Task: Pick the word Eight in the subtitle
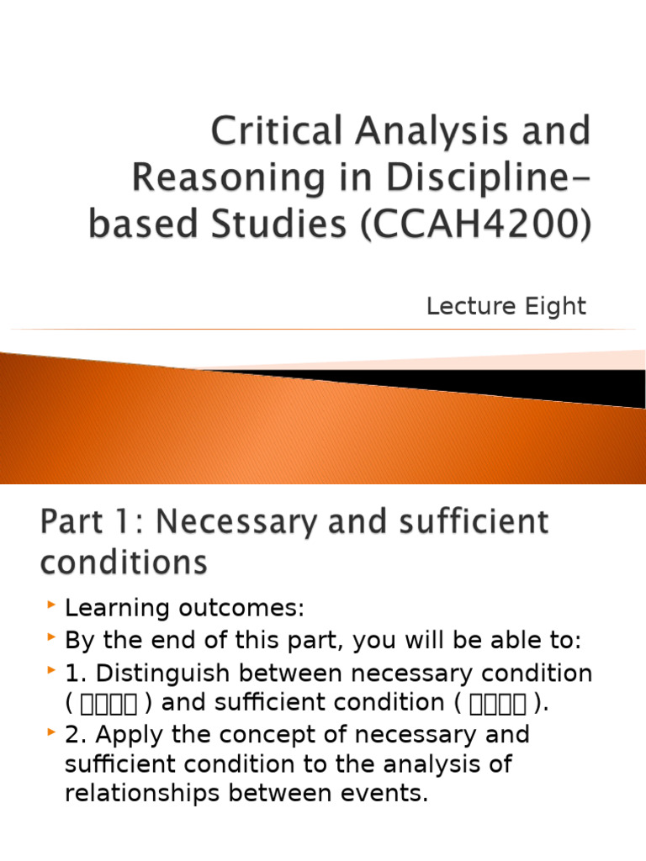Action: (x=557, y=307)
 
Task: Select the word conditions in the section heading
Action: (x=123, y=562)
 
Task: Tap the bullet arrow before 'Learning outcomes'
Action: (x=52, y=606)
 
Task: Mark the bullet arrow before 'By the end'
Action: (x=52, y=639)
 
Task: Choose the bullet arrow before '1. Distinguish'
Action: (x=52, y=671)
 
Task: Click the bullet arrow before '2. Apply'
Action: (x=52, y=733)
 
